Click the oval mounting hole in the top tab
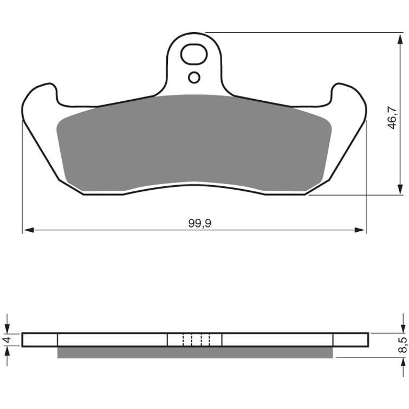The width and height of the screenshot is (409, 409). click(193, 54)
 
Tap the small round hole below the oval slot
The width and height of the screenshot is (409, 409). click(194, 77)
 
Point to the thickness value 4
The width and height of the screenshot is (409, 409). click(7, 340)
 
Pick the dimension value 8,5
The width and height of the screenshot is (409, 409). click(401, 345)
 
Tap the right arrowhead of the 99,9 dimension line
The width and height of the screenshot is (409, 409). click(361, 230)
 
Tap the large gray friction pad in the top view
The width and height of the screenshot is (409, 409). click(193, 144)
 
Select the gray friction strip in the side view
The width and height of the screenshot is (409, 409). click(195, 352)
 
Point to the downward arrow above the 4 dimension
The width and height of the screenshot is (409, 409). click(7, 327)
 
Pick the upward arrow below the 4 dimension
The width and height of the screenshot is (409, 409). click(7, 353)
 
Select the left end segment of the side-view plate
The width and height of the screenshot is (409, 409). click(40, 340)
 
